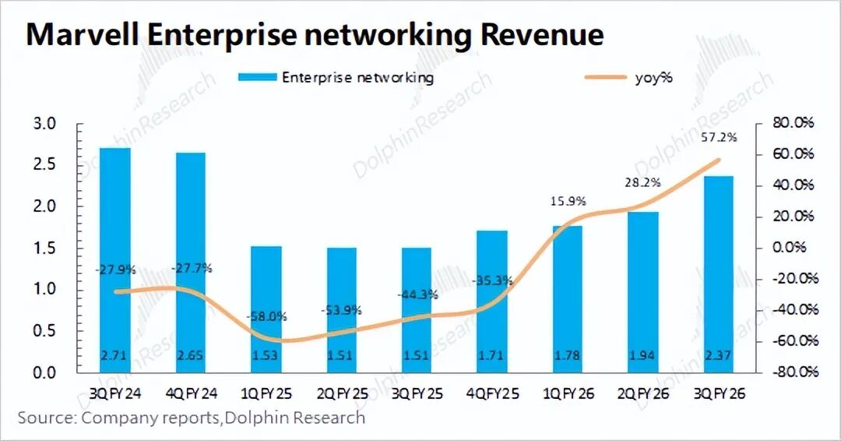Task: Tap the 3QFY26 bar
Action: [x=717, y=274]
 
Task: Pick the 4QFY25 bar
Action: [x=491, y=302]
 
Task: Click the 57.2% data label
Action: [x=716, y=137]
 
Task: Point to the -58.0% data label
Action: [x=266, y=317]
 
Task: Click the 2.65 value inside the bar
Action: [x=190, y=356]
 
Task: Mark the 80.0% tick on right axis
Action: [x=793, y=123]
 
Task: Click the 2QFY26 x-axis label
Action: [x=642, y=394]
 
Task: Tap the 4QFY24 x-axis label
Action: [x=190, y=394]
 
